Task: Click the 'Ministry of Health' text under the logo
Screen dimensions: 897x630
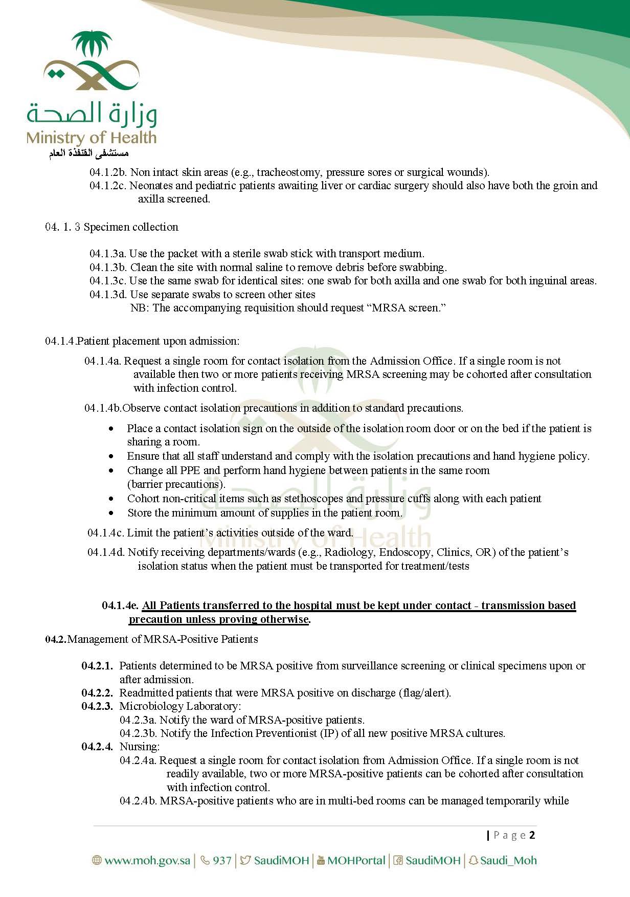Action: (91, 138)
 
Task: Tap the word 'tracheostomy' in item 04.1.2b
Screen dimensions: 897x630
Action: (288, 172)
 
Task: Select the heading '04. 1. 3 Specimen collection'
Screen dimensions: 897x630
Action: (111, 227)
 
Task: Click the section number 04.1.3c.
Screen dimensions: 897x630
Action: (108, 281)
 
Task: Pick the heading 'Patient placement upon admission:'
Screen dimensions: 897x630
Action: (157, 341)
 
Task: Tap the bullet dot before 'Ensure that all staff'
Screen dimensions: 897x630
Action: (111, 456)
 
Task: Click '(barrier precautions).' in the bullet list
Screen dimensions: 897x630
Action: (176, 484)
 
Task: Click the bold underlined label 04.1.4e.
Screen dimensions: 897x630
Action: (120, 606)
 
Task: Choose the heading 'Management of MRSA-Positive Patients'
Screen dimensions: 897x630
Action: (163, 639)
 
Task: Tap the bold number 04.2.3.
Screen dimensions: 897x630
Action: (97, 706)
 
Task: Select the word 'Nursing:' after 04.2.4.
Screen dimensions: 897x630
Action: (140, 747)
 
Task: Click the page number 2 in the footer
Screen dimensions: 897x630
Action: (532, 835)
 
